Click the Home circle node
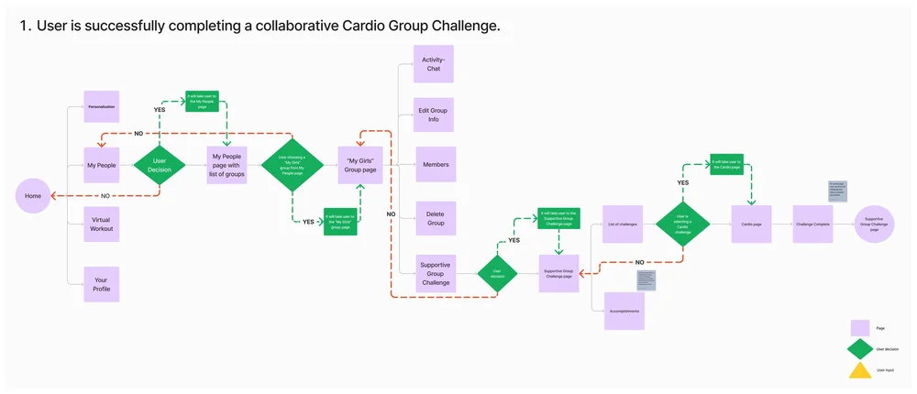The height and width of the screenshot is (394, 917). tap(33, 196)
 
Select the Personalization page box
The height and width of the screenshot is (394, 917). tap(101, 106)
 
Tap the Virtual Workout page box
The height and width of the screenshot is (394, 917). tap(101, 224)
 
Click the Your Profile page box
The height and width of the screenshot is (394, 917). tap(101, 283)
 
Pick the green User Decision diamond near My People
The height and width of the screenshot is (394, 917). tap(160, 165)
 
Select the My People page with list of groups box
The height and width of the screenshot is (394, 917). tap(226, 165)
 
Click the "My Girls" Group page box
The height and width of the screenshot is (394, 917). tap(359, 165)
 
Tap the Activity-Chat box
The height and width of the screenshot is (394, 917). tap(433, 63)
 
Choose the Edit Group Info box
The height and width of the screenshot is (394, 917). tap(433, 115)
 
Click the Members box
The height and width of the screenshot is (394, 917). tap(435, 165)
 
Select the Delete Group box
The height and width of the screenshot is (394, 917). tap(435, 218)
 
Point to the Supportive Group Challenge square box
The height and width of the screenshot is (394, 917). tap(435, 272)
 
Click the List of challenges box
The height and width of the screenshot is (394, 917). tap(622, 223)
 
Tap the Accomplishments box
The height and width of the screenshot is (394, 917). tap(623, 312)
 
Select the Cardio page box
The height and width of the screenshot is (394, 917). tap(750, 223)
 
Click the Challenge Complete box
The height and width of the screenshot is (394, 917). tap(812, 224)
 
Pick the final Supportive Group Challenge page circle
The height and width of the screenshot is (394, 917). tap(873, 224)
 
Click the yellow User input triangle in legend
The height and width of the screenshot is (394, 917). tap(859, 370)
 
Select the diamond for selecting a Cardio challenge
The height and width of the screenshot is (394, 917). tap(682, 224)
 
